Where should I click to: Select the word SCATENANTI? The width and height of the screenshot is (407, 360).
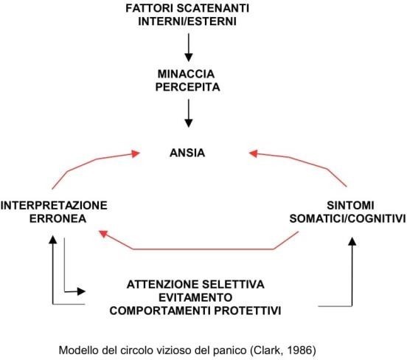213,8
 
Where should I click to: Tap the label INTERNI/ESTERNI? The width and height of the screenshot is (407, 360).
187,21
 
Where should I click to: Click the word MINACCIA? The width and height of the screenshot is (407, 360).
186,74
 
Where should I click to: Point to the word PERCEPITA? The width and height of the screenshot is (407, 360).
188,87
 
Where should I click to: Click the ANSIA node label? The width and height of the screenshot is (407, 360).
187,153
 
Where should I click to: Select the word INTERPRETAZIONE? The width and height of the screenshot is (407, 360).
54,206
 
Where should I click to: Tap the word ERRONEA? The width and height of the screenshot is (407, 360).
58,218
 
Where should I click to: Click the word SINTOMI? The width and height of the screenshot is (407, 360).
350,206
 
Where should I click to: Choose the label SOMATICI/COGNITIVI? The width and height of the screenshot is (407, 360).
347,218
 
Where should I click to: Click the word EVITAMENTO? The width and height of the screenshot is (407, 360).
195,297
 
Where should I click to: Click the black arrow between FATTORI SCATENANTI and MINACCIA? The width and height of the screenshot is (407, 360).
189,47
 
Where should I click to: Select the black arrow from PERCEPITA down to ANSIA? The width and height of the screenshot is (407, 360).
189,114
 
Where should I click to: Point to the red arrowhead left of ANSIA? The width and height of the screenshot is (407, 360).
136,153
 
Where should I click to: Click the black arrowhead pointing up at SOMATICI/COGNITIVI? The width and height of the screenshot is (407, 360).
352,241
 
